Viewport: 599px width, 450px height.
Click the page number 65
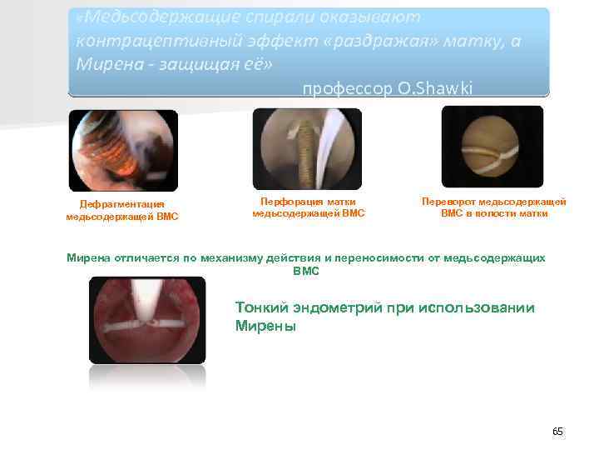(557, 431)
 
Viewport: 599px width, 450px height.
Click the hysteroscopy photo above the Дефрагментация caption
(122, 151)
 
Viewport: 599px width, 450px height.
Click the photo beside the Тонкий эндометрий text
(146, 319)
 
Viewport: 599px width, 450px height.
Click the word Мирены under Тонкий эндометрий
(265, 327)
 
